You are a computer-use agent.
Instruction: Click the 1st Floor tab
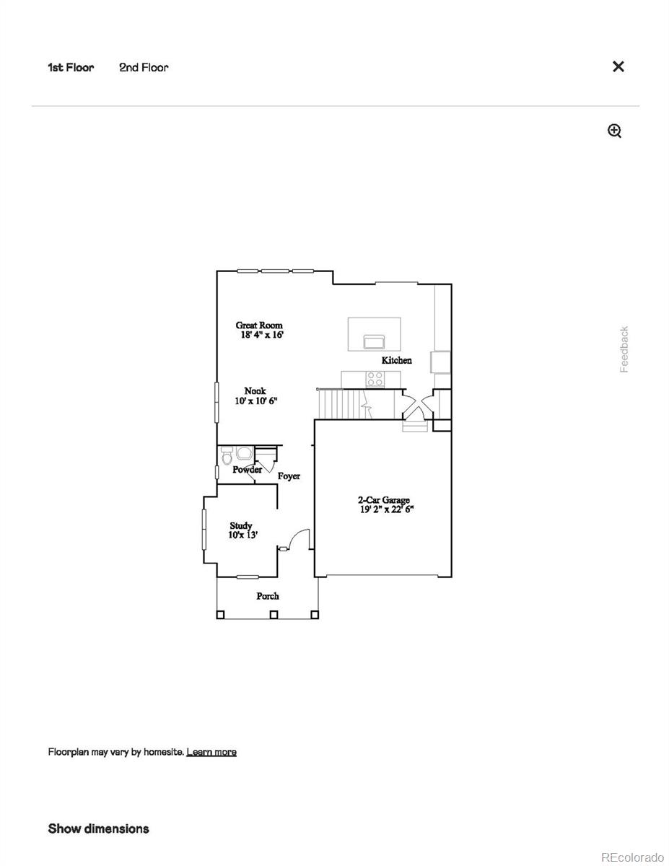point(71,68)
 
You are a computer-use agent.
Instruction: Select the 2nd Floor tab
point(144,68)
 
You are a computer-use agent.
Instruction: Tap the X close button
point(618,66)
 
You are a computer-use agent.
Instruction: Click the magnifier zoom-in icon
point(614,131)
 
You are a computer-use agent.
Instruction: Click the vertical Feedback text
point(624,350)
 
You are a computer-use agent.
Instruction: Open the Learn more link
point(211,752)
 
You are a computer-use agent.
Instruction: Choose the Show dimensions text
point(98,828)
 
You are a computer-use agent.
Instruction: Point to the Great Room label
point(258,325)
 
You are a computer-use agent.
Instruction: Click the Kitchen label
point(397,360)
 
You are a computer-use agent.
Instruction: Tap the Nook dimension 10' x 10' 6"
point(256,401)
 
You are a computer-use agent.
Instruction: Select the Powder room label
point(247,470)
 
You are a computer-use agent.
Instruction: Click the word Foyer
point(289,476)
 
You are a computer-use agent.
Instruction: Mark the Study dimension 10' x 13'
point(243,535)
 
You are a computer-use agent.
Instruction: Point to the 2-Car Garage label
point(384,499)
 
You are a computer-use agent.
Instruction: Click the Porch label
point(268,596)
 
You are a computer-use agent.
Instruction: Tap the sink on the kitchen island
point(374,341)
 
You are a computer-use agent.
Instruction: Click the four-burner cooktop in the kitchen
point(375,379)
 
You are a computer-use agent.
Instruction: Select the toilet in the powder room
point(227,456)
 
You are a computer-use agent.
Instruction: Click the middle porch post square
point(274,615)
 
